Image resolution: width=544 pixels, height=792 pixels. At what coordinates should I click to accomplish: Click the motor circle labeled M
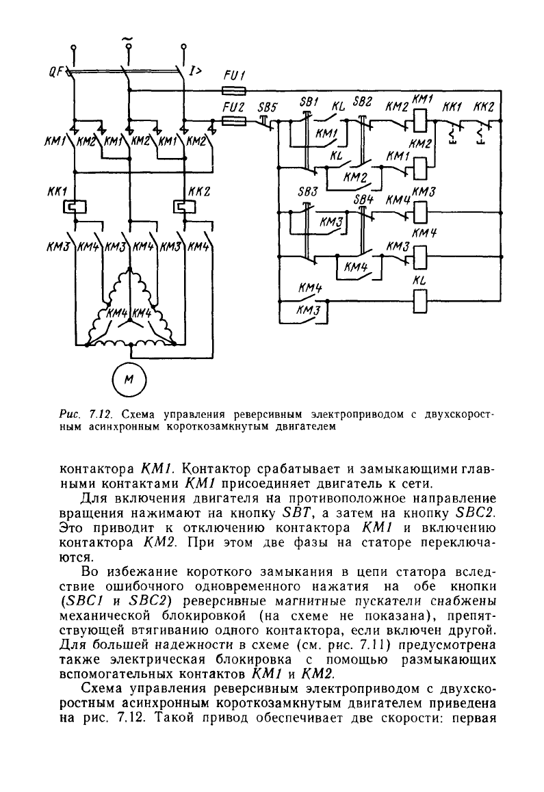(x=129, y=380)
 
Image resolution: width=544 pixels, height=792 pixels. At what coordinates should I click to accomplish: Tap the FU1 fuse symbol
(x=234, y=91)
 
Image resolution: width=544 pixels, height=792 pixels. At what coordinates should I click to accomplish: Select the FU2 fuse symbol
(x=234, y=121)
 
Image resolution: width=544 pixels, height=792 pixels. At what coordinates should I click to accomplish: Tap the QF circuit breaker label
(x=56, y=72)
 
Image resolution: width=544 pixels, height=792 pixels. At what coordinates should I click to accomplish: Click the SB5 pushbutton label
(x=268, y=107)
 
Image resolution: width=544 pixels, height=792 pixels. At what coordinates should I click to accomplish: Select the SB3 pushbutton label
(x=307, y=192)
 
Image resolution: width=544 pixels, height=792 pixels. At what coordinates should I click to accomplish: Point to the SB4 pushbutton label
(x=363, y=198)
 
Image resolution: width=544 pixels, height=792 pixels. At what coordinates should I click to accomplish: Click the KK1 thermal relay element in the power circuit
(x=75, y=207)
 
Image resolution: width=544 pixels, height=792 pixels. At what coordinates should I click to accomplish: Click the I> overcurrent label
(x=196, y=72)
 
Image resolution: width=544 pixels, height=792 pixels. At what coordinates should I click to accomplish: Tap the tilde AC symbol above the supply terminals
(x=129, y=38)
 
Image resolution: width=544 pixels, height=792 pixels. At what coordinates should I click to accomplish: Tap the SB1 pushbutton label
(x=309, y=101)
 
